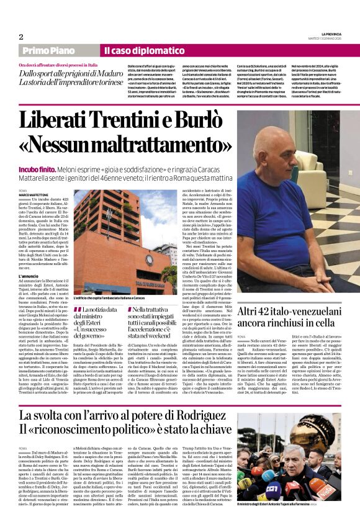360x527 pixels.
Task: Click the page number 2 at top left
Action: click(21, 37)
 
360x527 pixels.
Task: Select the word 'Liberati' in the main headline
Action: click(73, 120)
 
